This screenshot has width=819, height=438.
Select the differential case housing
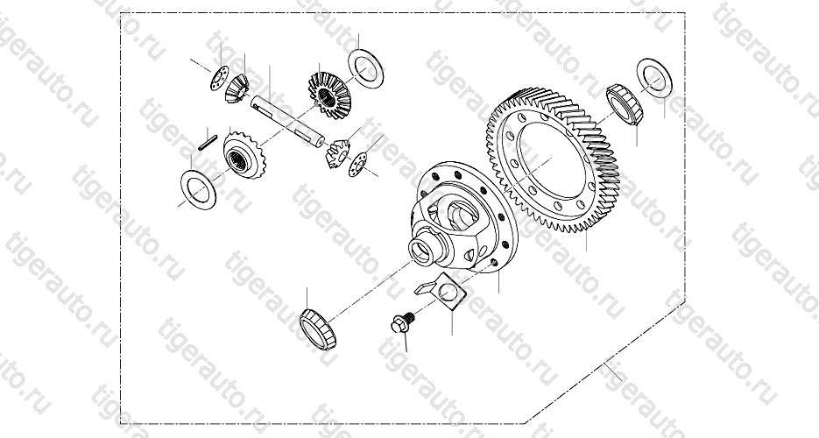click(x=460, y=219)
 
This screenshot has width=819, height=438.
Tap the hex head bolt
click(x=402, y=322)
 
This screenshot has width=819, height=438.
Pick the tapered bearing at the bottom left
click(x=318, y=328)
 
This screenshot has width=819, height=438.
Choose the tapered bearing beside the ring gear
click(x=625, y=104)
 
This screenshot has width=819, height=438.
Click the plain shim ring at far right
click(x=654, y=78)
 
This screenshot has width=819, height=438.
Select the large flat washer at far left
click(x=198, y=189)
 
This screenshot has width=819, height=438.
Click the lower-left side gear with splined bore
click(x=244, y=155)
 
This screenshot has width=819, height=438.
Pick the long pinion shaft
click(x=286, y=119)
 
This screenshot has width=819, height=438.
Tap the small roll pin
click(x=208, y=143)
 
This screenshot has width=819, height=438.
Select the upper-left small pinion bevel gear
click(x=237, y=88)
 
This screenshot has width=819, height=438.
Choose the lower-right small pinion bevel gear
click(x=337, y=153)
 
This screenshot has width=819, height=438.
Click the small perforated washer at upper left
click(x=219, y=78)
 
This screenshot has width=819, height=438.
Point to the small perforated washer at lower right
click(x=357, y=165)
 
